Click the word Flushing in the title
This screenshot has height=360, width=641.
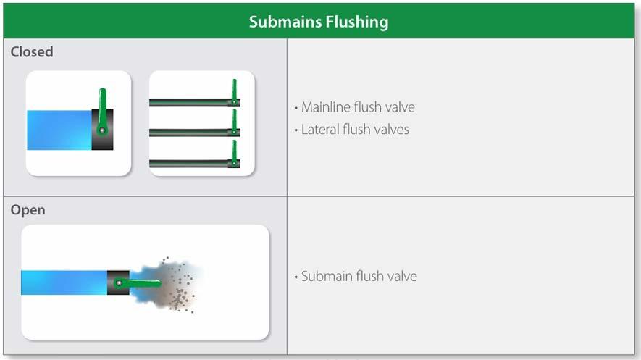[355, 22]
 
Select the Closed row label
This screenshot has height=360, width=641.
[32, 52]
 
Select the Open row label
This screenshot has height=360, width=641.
[28, 210]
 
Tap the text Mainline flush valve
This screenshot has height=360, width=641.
[358, 107]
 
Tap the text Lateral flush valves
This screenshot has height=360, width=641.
[355, 130]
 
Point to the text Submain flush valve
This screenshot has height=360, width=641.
[359, 276]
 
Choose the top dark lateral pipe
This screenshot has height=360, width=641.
[188, 103]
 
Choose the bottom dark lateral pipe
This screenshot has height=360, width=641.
[188, 163]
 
